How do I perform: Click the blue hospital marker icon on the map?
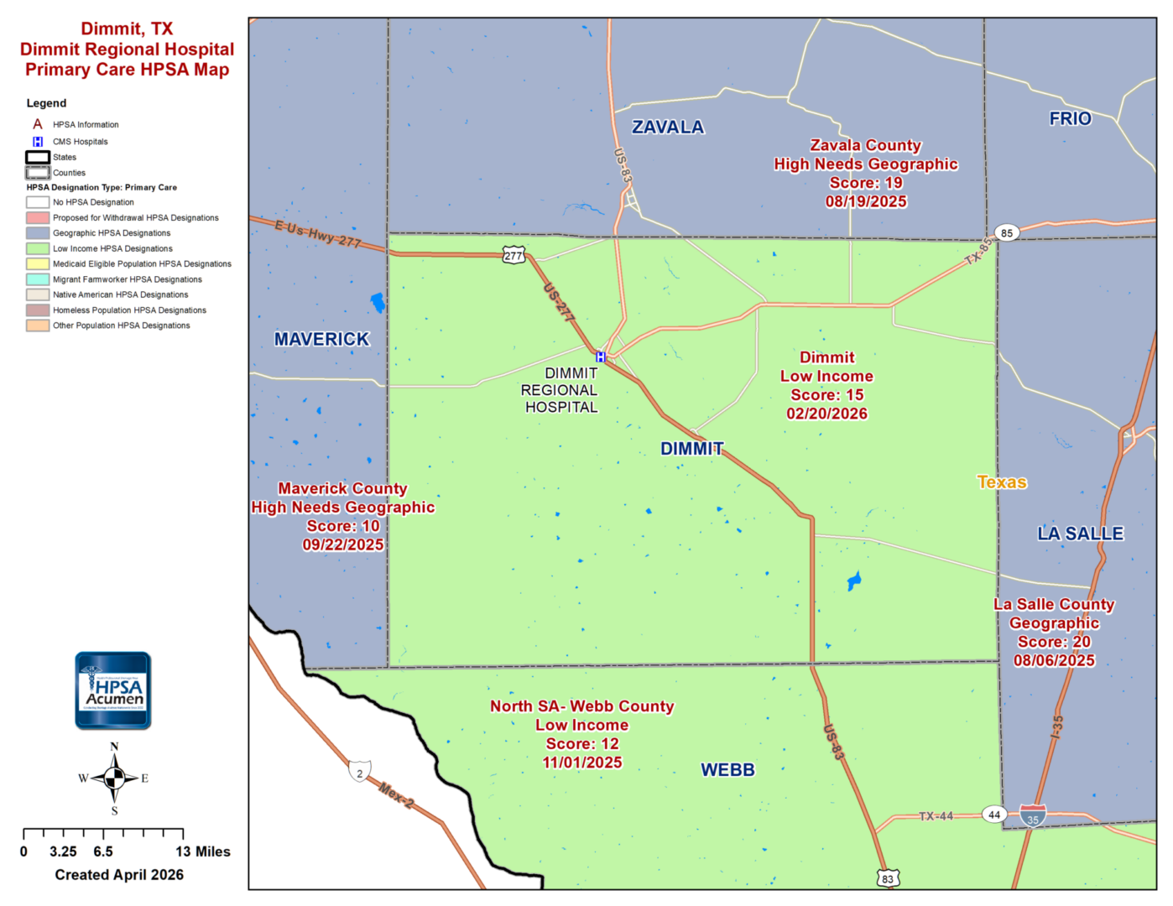coord(601,357)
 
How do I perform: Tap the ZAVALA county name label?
coord(668,128)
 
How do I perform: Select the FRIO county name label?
coord(1070,119)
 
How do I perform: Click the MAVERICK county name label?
coord(321,340)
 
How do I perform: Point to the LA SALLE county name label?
coord(1080,534)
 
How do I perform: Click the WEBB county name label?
coord(727,770)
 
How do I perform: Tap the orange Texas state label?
coord(1002,482)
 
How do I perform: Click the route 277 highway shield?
coord(514,256)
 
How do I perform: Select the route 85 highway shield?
coord(1007,232)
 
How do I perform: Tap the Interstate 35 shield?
coord(1033,816)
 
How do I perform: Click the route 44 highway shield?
coord(994,815)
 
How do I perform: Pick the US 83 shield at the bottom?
coord(888,878)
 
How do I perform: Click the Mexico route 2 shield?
coord(360,772)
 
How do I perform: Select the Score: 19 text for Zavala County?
coord(866,183)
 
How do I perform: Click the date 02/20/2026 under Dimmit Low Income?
coord(826,414)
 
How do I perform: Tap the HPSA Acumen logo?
coord(113,690)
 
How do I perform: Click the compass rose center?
coord(114,778)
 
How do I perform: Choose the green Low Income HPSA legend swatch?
coord(38,248)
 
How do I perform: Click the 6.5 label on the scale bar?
coord(103,851)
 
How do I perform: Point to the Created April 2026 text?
coord(119,875)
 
